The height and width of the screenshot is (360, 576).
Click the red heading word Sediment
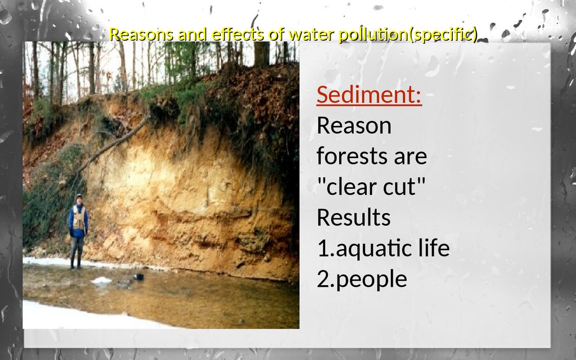(x=369, y=94)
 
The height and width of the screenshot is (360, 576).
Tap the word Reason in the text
(x=354, y=125)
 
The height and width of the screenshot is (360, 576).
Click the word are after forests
(x=410, y=157)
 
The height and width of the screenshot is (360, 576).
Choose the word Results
(x=353, y=217)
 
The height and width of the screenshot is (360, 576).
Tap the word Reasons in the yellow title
(x=141, y=35)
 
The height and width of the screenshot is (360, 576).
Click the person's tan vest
(x=79, y=218)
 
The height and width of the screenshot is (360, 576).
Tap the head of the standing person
(x=79, y=199)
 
